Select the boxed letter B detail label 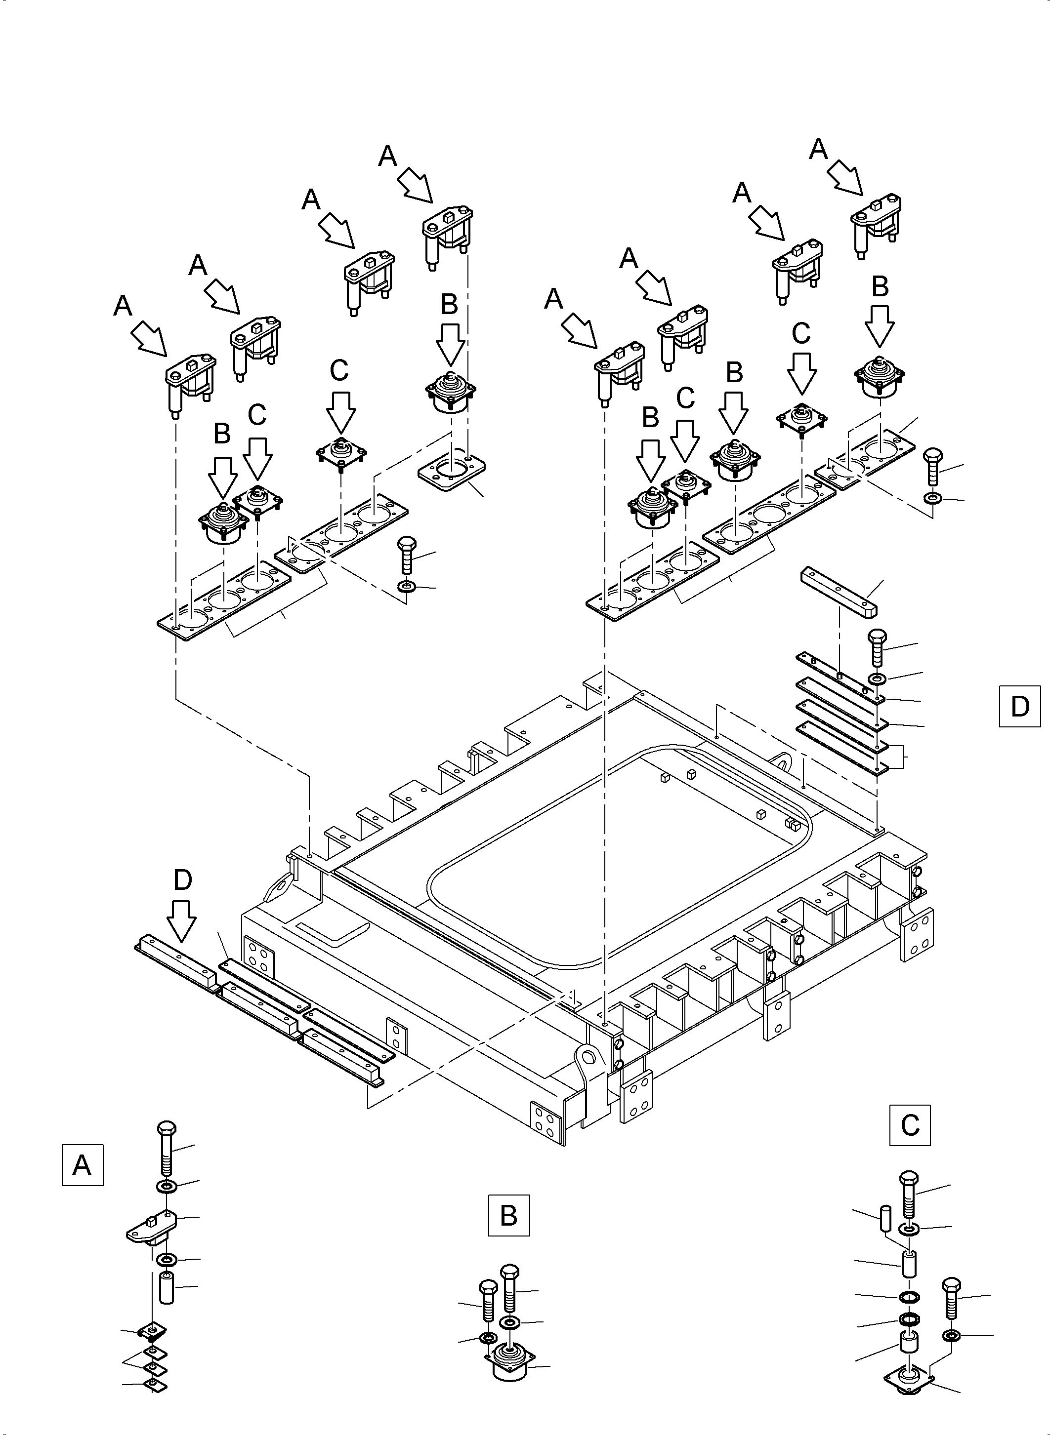click(508, 1216)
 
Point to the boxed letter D click(1019, 706)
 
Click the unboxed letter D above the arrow click(182, 880)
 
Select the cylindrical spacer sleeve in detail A click(167, 1286)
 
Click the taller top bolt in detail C click(910, 1194)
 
